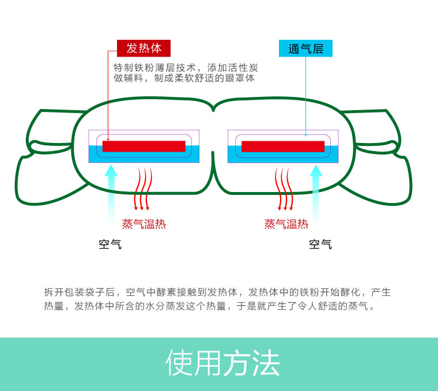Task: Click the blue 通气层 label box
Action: (x=305, y=48)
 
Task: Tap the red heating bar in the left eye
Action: (x=144, y=146)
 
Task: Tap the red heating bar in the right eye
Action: (x=282, y=146)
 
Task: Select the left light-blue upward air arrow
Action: (x=111, y=193)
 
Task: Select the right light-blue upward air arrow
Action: (x=315, y=193)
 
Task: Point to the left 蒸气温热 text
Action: (x=144, y=224)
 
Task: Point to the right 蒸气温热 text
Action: (x=286, y=224)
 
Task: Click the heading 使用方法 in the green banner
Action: (x=222, y=363)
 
